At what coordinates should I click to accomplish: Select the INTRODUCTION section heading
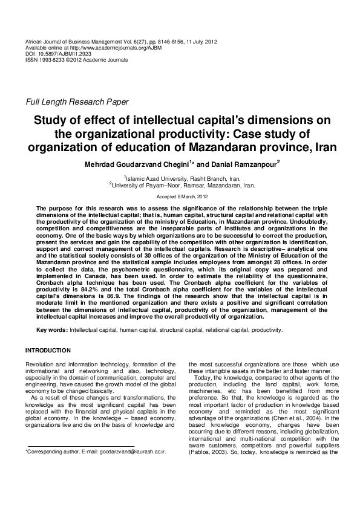[48, 351]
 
